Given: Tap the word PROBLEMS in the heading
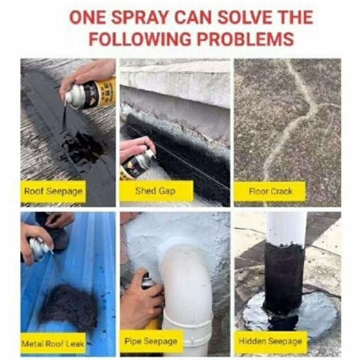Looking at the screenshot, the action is tap(245, 39).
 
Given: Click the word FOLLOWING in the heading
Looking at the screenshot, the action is tap(140, 39).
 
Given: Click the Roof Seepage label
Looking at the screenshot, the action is tap(53, 191).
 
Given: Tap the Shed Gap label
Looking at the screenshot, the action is tap(155, 191).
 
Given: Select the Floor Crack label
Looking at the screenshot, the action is tap(270, 191).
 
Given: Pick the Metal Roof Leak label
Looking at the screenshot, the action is tap(53, 344).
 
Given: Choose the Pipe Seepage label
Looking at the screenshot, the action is tap(151, 341).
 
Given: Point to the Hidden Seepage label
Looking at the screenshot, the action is tap(270, 341).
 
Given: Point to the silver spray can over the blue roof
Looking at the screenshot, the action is tap(40, 249).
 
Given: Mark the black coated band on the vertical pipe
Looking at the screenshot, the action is tap(284, 278).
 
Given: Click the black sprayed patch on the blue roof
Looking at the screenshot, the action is tap(69, 305).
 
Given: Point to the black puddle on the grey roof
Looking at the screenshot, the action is tap(82, 147).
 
